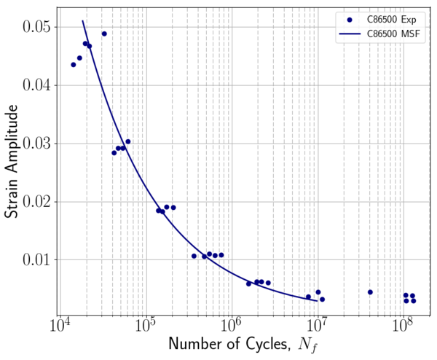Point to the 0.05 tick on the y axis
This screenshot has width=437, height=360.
coord(34,27)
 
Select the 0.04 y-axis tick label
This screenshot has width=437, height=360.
coord(34,85)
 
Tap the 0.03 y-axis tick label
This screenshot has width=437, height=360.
coord(34,143)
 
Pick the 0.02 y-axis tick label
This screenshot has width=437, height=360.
coord(34,201)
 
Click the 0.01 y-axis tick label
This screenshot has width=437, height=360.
coord(34,259)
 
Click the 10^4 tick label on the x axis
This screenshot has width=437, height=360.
coord(59,324)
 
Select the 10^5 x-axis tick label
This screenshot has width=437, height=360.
coord(145,324)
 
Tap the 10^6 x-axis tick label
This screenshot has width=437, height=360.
coord(231,324)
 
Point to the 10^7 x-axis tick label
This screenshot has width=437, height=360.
coord(317,324)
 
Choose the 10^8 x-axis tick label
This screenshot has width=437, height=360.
coord(403,324)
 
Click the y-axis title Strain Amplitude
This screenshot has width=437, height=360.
coord(13,160)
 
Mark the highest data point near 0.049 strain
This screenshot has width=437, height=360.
coord(104,34)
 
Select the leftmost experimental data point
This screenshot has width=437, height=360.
coord(73,65)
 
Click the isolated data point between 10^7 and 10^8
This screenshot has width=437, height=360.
coord(370,292)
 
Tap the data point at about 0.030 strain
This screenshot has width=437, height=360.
coord(128,141)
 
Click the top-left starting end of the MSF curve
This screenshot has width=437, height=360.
coord(83,21)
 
